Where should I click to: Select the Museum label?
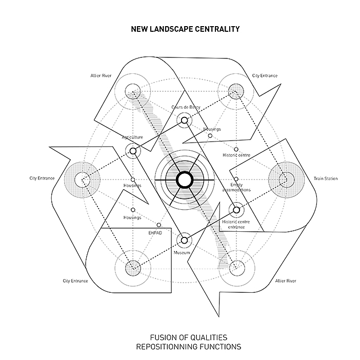[182, 253]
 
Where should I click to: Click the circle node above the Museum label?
[184, 239]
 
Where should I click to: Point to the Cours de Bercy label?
[186, 107]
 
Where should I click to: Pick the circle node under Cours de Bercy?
[184, 121]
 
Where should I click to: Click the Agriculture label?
[132, 137]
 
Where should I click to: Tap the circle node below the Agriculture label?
[133, 151]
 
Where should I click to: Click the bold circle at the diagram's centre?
[184, 179]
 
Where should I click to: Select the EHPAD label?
[154, 232]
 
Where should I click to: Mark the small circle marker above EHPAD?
[158, 225]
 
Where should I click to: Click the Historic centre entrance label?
[236, 224]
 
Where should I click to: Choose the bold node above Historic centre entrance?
[236, 209]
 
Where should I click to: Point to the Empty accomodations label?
[236, 187]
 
